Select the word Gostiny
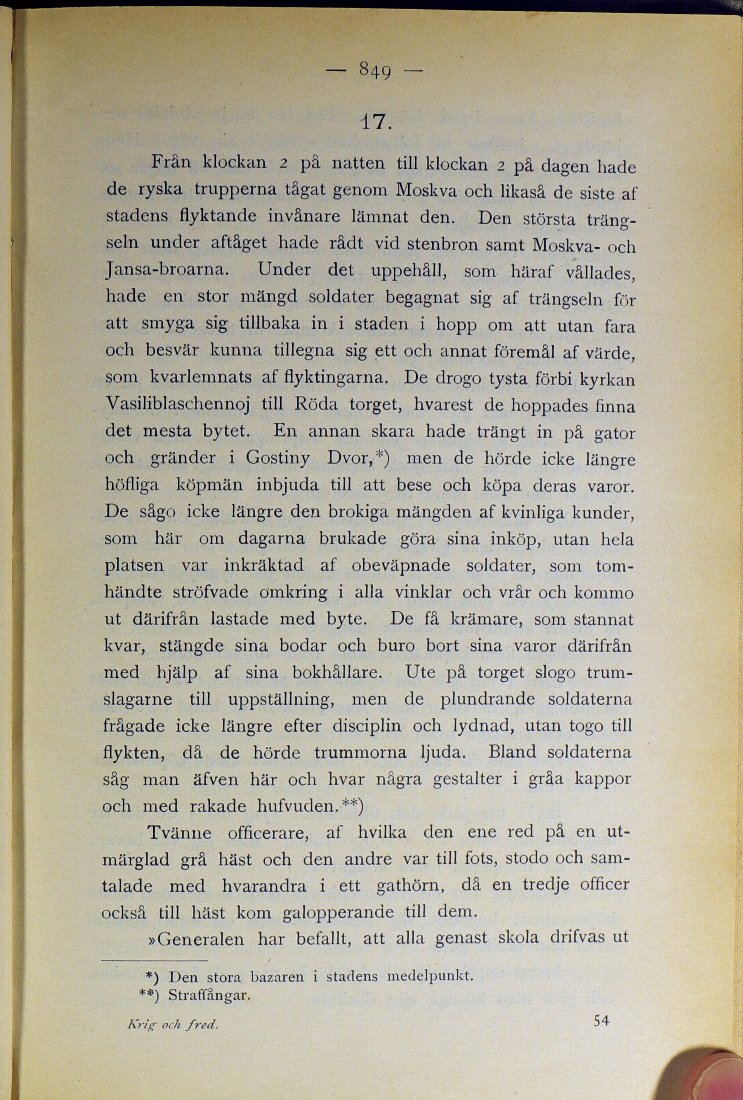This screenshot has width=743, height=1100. (x=278, y=458)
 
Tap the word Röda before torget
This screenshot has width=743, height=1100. (x=316, y=404)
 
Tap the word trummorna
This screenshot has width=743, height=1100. (x=360, y=753)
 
